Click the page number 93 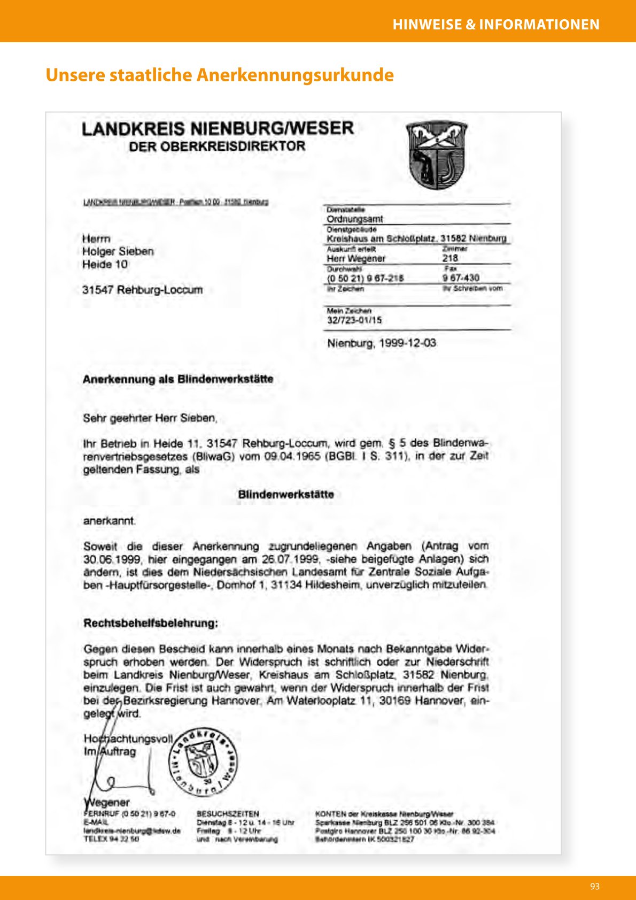(594, 886)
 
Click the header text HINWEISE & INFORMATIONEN (496, 25)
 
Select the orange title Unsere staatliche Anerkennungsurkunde (220, 75)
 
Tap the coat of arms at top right (437, 155)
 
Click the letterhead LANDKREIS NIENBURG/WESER (218, 129)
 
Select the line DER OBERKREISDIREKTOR (217, 147)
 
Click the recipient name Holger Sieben (118, 251)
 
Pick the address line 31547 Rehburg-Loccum (142, 290)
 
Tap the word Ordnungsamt (355, 219)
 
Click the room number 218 (450, 258)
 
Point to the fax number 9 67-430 (461, 278)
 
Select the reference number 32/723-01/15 (354, 320)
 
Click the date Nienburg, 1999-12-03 (382, 343)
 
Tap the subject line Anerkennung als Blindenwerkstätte (178, 379)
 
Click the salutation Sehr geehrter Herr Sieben (150, 418)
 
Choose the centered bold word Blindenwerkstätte (286, 495)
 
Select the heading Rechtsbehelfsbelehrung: (151, 623)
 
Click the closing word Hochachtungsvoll (128, 739)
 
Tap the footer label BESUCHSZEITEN (228, 814)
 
